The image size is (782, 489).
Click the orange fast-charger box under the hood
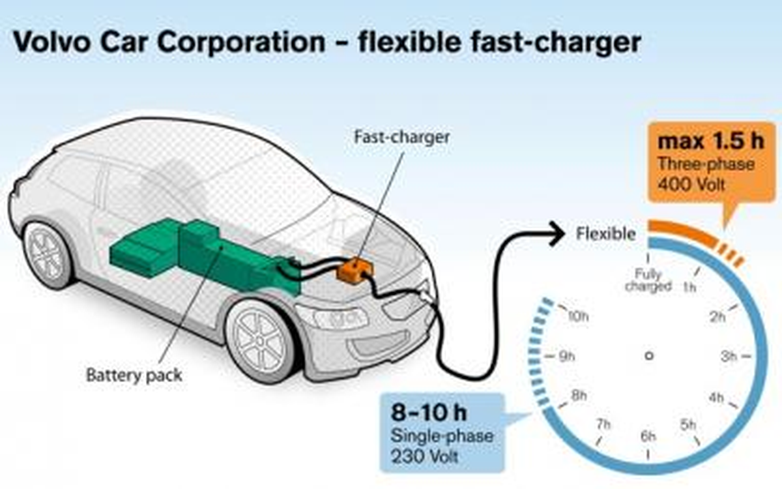pos(355,271)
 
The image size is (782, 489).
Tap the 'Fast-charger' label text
pos(402,137)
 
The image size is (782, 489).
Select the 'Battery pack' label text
pos(134,376)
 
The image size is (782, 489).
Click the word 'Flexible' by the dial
pos(605,233)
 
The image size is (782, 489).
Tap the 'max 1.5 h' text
pos(711,141)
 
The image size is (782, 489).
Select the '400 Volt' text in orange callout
pos(691,184)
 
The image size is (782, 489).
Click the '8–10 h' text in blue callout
pos(429,412)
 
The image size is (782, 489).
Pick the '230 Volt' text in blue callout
pos(424,456)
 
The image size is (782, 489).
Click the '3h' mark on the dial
pos(729,357)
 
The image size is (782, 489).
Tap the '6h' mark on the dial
pos(648,436)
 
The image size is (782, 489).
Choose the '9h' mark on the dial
pos(567,357)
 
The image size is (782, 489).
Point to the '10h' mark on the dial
pos(579,317)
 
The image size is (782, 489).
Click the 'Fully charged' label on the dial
pos(648,280)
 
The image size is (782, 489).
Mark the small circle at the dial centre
pos(649,356)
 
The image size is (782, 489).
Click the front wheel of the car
pos(260,340)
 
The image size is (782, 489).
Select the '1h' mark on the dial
pos(689,288)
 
